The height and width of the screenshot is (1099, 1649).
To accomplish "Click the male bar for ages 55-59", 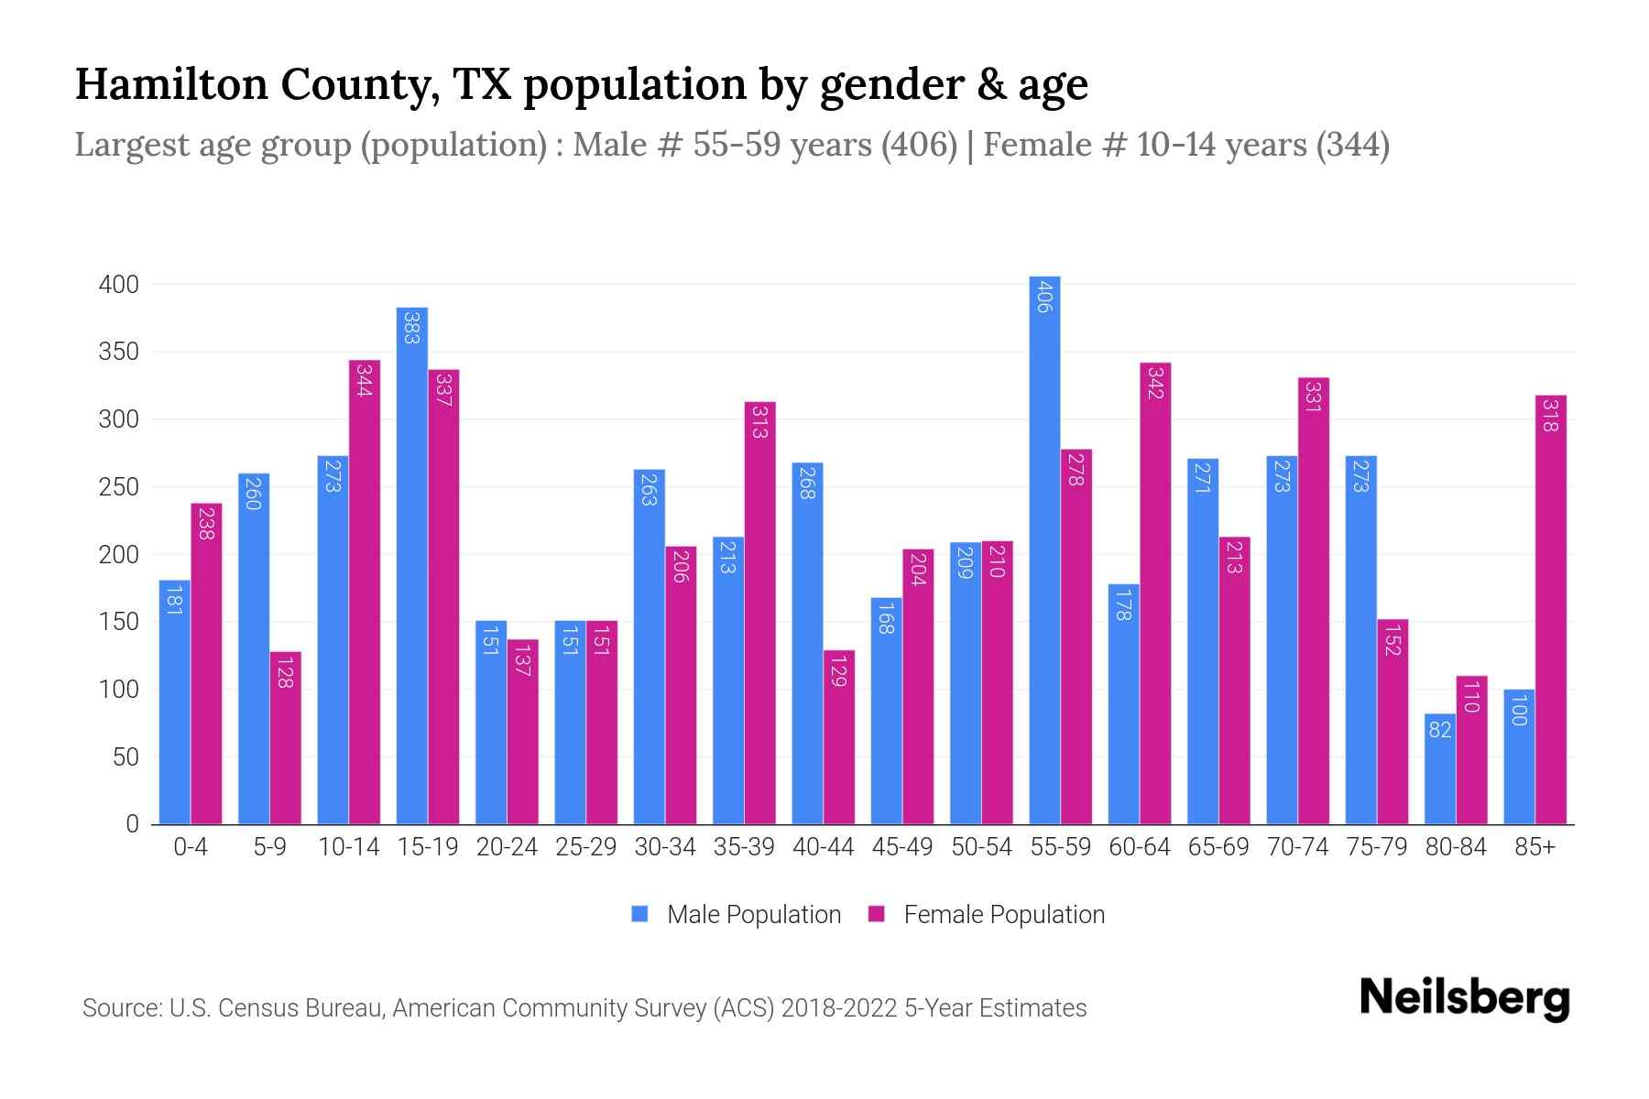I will [x=1044, y=549].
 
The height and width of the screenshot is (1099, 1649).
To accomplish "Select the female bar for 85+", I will [x=1551, y=609].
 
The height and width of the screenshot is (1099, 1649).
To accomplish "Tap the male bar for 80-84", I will [x=1440, y=769].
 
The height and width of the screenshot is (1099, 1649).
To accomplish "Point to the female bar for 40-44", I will [x=839, y=737].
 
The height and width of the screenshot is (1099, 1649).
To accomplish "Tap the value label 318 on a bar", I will [x=1551, y=415].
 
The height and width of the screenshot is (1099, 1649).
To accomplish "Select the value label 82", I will [x=1440, y=730].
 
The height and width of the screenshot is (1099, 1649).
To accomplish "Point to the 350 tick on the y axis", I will [x=118, y=353].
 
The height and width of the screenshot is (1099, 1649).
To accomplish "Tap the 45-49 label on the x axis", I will [x=902, y=847].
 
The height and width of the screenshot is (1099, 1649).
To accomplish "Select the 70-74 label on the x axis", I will [x=1297, y=847].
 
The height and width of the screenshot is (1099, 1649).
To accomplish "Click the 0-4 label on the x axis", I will [x=191, y=847].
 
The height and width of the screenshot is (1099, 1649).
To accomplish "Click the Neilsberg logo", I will [x=1464, y=998].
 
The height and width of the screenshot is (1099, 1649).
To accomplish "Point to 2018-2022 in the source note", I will [x=839, y=1008].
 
